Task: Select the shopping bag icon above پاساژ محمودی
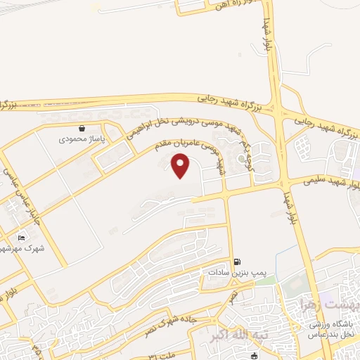pyautogui.click(x=83, y=129)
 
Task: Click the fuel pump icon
pyautogui.click(x=236, y=260)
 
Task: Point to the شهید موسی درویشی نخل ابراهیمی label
pyautogui.click(x=190, y=123)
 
